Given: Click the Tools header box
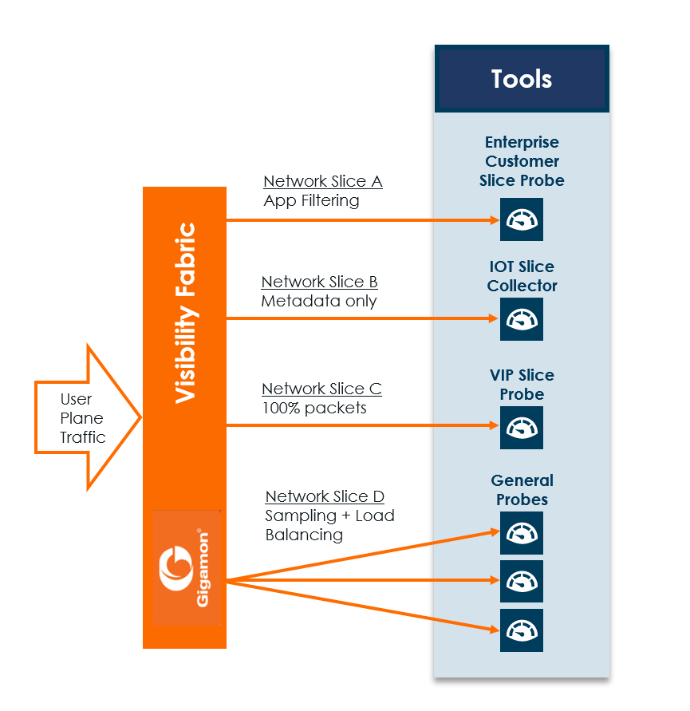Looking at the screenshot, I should (x=522, y=79).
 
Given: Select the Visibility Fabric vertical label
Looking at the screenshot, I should (x=185, y=313).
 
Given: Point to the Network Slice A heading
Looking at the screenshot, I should (x=323, y=182).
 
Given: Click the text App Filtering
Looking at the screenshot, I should (x=311, y=201).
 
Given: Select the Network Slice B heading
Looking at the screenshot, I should (x=320, y=282).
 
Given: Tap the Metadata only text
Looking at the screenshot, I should (x=319, y=302).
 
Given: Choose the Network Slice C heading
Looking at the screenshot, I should (x=322, y=389).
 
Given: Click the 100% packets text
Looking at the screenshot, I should (x=314, y=409).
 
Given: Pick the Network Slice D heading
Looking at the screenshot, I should (x=325, y=496).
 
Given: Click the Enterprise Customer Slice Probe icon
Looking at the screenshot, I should (x=522, y=219).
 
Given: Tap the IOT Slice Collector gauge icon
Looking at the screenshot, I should (x=522, y=318).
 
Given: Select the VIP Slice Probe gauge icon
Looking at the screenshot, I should (x=522, y=427).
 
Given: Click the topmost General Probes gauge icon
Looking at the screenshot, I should (x=522, y=532).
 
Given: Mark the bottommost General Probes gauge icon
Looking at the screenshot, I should (x=522, y=630).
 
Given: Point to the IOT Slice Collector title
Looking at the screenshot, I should (x=522, y=276).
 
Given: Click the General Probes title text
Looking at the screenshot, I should (x=522, y=490).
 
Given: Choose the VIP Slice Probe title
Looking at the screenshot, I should (x=522, y=385).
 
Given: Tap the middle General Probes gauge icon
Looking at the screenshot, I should (x=522, y=581).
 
